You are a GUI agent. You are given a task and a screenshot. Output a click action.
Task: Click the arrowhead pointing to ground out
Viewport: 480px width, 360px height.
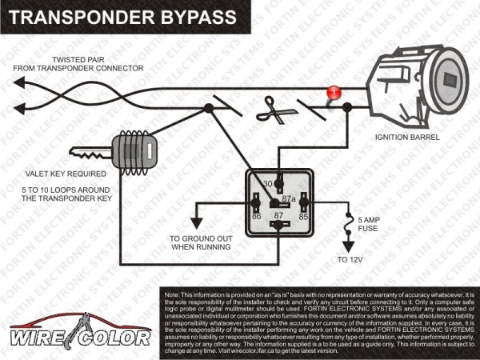(194, 223)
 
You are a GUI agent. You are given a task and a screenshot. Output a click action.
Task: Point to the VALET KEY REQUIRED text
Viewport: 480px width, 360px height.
(55, 173)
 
